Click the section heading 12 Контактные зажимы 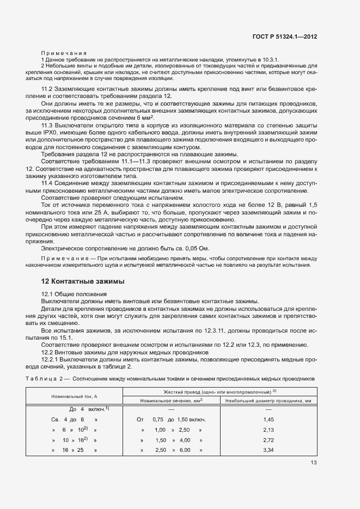click(83, 281)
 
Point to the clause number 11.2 click(47, 88)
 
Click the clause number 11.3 click(47, 125)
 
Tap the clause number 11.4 click(47, 183)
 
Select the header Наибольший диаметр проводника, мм click(267, 401)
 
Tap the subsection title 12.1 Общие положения click(75, 294)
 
